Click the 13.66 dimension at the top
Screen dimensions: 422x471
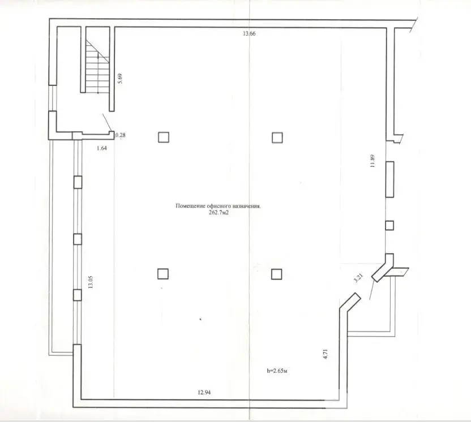(249, 34)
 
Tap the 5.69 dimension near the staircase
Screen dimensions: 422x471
(119, 79)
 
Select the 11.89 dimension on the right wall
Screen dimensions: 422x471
(372, 161)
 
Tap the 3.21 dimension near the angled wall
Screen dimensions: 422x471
(357, 278)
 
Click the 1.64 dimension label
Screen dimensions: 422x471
(102, 148)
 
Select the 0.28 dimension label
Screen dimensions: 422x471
(120, 135)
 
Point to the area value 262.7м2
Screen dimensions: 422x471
(218, 213)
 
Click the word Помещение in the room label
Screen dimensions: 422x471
(189, 207)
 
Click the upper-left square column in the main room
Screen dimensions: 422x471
(163, 137)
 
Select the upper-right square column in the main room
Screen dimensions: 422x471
(277, 137)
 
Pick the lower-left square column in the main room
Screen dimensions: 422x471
(163, 274)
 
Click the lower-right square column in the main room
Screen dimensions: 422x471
(276, 274)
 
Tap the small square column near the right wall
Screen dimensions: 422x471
(389, 225)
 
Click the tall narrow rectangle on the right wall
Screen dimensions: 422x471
(389, 179)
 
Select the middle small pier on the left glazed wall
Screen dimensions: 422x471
(78, 239)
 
